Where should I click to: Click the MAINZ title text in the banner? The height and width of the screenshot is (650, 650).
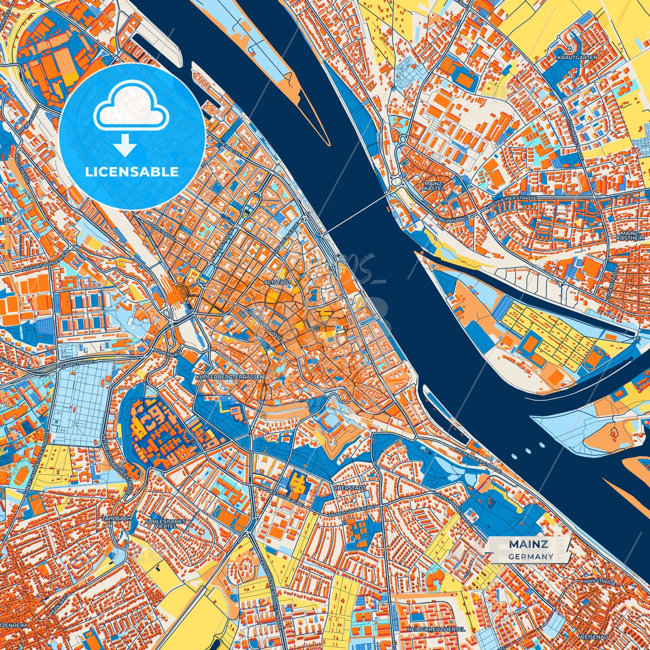528,544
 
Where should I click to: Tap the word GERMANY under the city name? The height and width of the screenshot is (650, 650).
531,556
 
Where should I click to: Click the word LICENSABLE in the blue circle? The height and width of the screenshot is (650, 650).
132,172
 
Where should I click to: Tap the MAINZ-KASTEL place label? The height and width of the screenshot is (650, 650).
434,186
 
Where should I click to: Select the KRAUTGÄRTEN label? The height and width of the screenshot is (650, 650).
577,58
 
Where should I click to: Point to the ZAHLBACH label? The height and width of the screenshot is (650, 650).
117,519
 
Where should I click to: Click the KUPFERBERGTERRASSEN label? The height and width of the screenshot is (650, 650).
230,376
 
